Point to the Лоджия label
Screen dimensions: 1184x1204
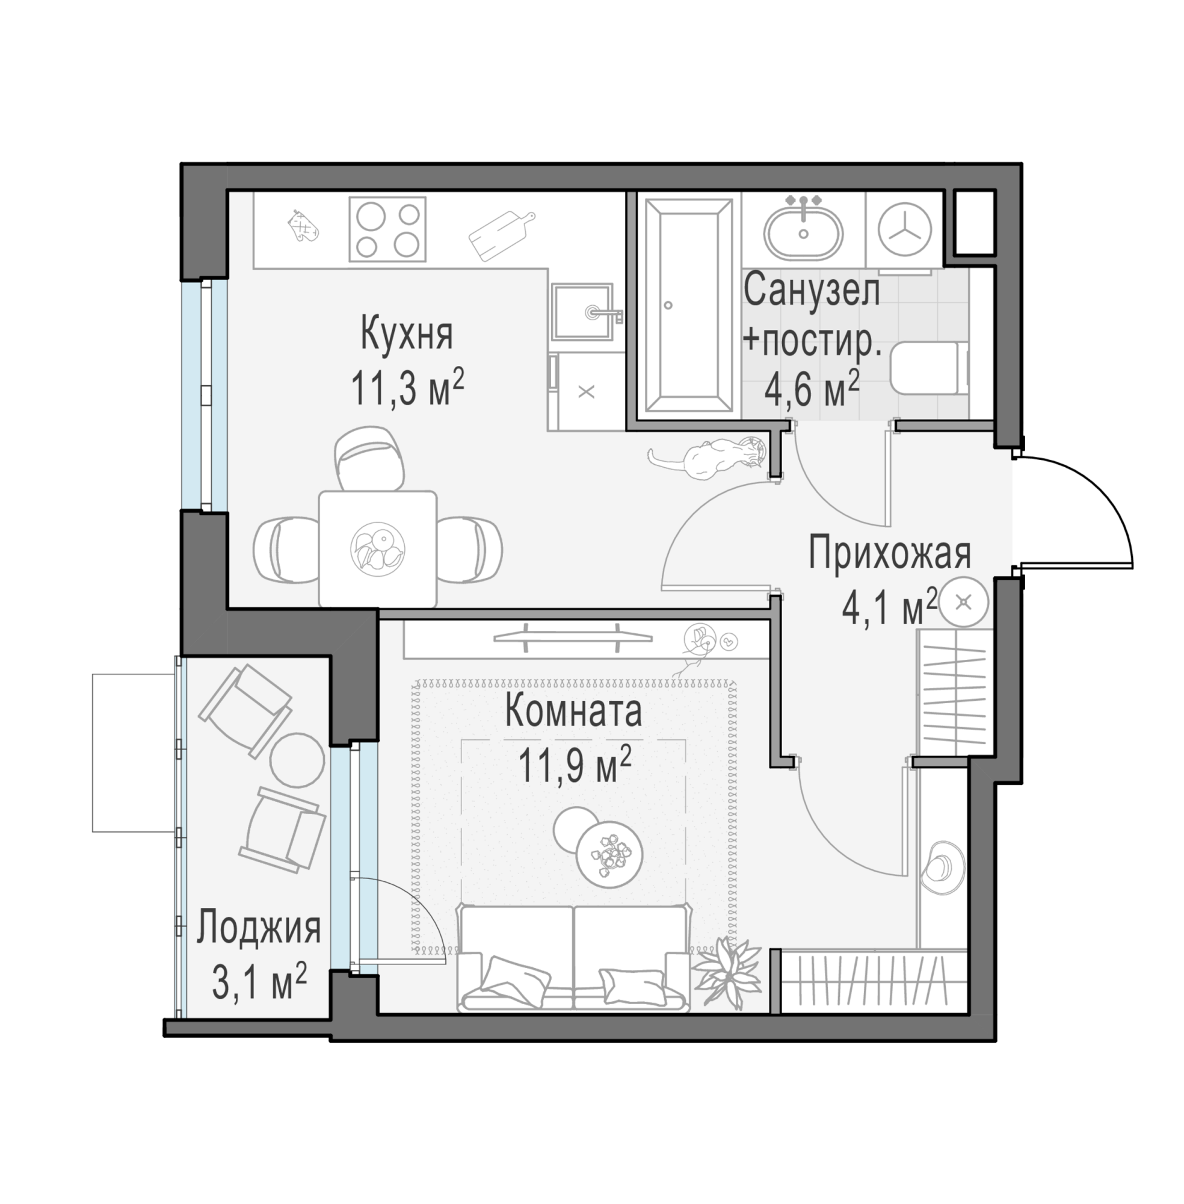259,928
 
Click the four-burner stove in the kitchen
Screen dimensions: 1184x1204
387,229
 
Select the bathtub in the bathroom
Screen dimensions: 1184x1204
688,305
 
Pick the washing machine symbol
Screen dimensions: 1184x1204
904,229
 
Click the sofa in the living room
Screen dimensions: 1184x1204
574,958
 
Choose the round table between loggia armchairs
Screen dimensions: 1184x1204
298,760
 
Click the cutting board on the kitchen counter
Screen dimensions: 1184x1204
501,235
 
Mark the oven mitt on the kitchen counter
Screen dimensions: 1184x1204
304,225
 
